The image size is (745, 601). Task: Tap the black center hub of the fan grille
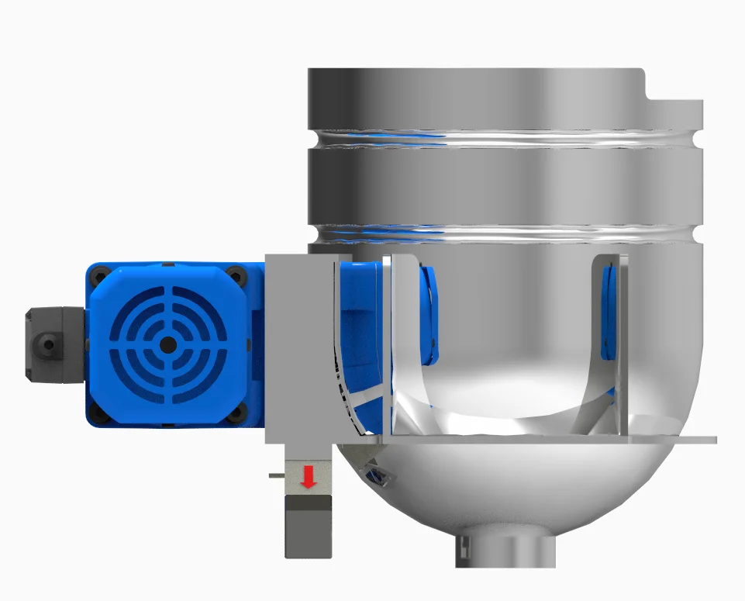[x=166, y=344]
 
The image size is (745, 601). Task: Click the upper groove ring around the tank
[x=504, y=140]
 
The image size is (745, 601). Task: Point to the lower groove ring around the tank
[x=504, y=232]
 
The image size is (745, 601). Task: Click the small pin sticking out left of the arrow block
[x=276, y=474]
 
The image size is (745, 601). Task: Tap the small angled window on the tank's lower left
[x=375, y=472]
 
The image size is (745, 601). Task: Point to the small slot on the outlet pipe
[x=464, y=549]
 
